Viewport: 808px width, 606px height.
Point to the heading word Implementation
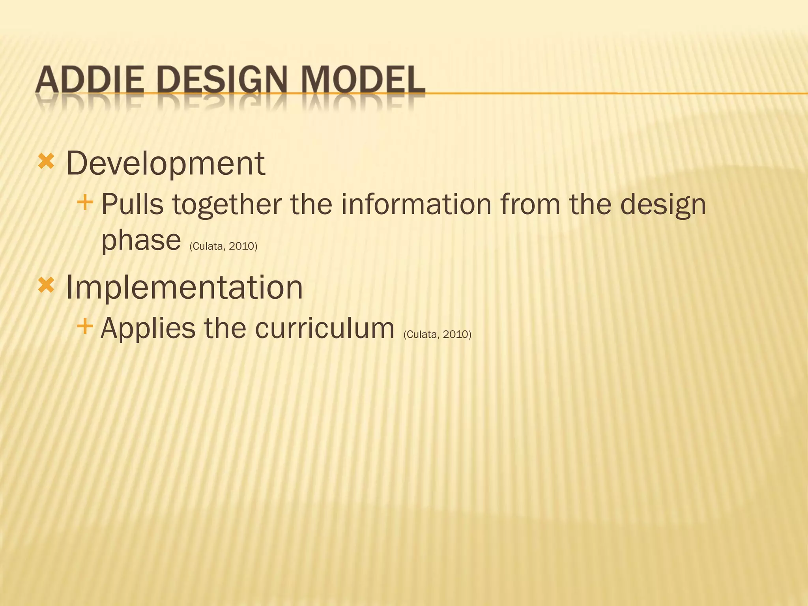click(x=184, y=287)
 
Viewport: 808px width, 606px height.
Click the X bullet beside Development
click(x=46, y=162)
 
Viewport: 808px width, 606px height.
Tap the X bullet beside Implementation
click(x=46, y=285)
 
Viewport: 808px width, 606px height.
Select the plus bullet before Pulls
click(x=85, y=203)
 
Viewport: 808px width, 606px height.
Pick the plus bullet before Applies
click(x=85, y=326)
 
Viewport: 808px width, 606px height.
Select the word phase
click(x=141, y=241)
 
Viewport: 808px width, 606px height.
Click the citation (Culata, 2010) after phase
click(x=223, y=247)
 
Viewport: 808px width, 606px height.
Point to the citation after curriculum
click(x=437, y=335)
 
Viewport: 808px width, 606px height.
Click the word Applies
click(x=148, y=329)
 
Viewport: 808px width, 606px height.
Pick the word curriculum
click(x=324, y=328)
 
